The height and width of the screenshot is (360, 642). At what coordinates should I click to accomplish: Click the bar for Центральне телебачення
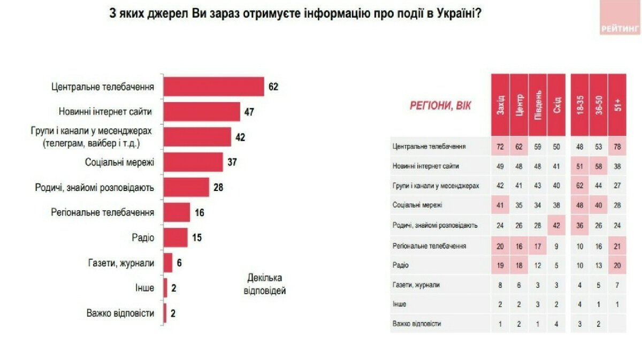click(213, 87)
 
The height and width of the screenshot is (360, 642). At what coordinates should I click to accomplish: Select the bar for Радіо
click(175, 238)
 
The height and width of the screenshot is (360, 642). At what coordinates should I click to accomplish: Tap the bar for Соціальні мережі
click(193, 162)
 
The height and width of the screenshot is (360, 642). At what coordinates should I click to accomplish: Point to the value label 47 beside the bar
click(248, 112)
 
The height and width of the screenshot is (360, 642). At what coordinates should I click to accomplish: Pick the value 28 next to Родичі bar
click(217, 187)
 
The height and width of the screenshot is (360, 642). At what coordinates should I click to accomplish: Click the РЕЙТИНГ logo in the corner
click(620, 30)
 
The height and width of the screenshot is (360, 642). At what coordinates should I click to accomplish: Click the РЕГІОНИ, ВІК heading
click(440, 106)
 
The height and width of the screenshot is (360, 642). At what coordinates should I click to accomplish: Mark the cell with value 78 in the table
click(617, 145)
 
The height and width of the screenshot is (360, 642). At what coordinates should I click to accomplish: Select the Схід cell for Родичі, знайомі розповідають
click(556, 225)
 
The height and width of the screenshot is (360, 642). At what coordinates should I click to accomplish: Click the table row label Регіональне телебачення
click(429, 246)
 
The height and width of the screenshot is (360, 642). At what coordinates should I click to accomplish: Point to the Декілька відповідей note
click(266, 284)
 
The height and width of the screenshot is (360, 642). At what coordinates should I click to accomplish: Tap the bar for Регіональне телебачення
click(177, 212)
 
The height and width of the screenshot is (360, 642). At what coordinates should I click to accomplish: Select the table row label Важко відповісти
click(417, 324)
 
